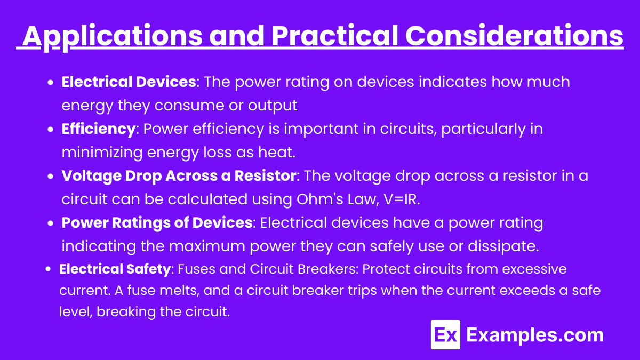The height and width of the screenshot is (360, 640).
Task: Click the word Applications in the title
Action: tap(113, 36)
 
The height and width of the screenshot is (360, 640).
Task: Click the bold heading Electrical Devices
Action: tap(129, 82)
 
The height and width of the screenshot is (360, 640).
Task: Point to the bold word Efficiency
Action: tap(99, 129)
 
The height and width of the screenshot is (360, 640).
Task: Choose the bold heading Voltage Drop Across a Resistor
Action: tap(179, 175)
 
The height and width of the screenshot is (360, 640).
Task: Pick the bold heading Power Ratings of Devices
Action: tap(157, 222)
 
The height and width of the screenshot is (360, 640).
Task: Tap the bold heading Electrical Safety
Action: tap(115, 269)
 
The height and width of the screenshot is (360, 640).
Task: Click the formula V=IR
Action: tap(402, 199)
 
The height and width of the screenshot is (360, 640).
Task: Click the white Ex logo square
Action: tap(445, 334)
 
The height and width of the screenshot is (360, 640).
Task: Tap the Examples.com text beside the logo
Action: tap(535, 335)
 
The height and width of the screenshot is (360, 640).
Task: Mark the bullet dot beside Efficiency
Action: tap(51, 130)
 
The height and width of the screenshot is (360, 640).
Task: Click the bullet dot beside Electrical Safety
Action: tap(48, 269)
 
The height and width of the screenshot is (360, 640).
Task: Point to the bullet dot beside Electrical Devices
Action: tap(51, 83)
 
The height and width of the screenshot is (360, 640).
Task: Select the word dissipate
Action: tap(503, 246)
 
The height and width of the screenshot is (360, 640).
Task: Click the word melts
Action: tap(178, 290)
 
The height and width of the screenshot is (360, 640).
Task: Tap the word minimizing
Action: tap(102, 153)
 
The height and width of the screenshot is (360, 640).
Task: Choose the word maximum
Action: tap(207, 246)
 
